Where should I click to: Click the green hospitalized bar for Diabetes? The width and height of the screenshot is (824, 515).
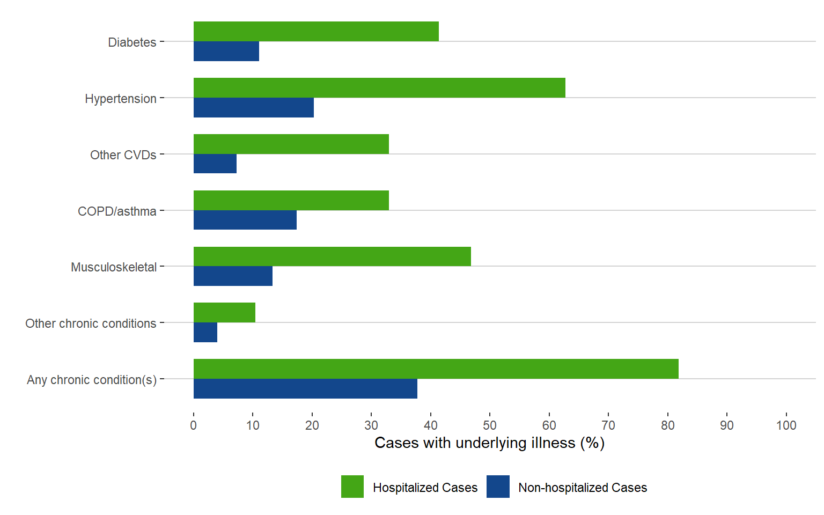[x=316, y=32]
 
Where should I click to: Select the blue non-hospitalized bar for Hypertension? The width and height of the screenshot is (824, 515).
[x=253, y=107]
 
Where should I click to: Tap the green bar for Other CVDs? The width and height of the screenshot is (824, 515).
[x=291, y=144]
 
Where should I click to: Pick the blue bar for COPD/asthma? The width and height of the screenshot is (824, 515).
[x=245, y=220]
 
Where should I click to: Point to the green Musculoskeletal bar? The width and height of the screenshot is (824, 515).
[x=332, y=256]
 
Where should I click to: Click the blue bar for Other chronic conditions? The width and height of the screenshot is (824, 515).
[x=205, y=332]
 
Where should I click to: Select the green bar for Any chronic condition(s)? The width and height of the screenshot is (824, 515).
[x=436, y=369]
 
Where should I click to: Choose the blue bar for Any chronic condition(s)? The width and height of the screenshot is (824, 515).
[x=305, y=388]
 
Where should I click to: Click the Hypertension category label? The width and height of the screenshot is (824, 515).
[x=121, y=99]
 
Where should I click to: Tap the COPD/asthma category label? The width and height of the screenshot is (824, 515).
[x=117, y=211]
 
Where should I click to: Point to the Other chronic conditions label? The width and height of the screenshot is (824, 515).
[x=91, y=323]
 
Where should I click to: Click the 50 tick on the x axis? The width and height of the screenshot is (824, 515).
[x=490, y=425]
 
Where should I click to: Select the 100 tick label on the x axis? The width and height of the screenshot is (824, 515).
[x=786, y=425]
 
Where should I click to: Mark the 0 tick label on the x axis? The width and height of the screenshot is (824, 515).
[x=194, y=425]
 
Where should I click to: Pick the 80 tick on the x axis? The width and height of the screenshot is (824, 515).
[x=667, y=425]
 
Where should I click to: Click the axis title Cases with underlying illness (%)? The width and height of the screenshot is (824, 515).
[x=489, y=443]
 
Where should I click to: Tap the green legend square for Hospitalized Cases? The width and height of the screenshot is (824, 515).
[x=352, y=487]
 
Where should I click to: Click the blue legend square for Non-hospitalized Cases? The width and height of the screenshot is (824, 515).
[x=498, y=487]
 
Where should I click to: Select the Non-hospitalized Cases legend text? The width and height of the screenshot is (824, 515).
[x=583, y=488]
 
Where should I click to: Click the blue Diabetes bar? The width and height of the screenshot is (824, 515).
[x=226, y=51]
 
